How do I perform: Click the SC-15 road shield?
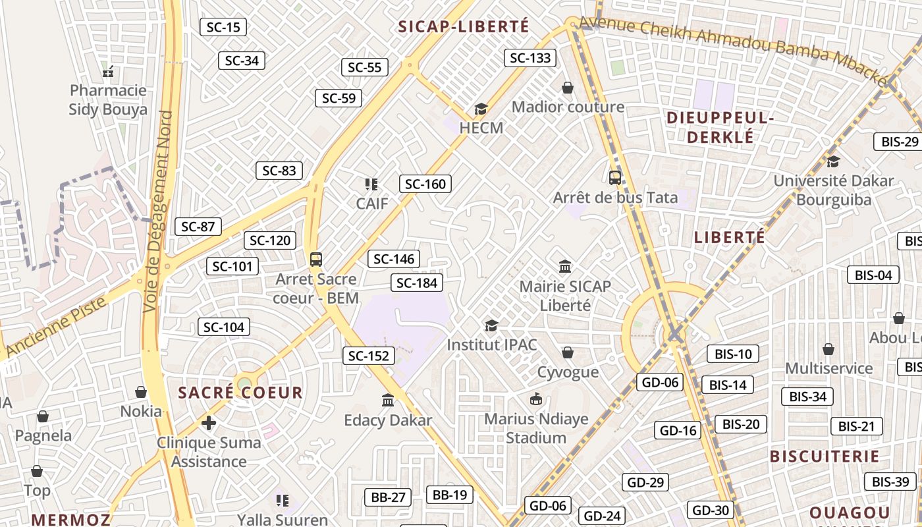point(223,27)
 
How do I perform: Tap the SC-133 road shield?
point(530,58)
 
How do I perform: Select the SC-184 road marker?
point(417,283)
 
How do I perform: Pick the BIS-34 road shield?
point(807,397)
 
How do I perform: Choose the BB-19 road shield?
point(450,495)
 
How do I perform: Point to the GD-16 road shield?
point(678,431)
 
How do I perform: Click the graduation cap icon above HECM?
point(481,109)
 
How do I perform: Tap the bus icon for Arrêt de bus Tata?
point(614,177)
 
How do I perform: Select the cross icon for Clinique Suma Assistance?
point(209,422)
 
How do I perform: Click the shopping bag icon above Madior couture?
point(568,88)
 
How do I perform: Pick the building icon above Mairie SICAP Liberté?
point(565,267)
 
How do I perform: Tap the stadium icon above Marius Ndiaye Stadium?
point(536,399)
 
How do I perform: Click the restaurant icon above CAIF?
point(371,184)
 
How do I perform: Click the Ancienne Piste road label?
point(56,326)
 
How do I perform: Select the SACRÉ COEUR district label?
point(240,393)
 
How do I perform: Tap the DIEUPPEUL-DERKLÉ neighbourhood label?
point(719,127)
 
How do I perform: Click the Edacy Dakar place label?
point(388,420)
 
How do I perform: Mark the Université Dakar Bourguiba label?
point(833,190)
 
